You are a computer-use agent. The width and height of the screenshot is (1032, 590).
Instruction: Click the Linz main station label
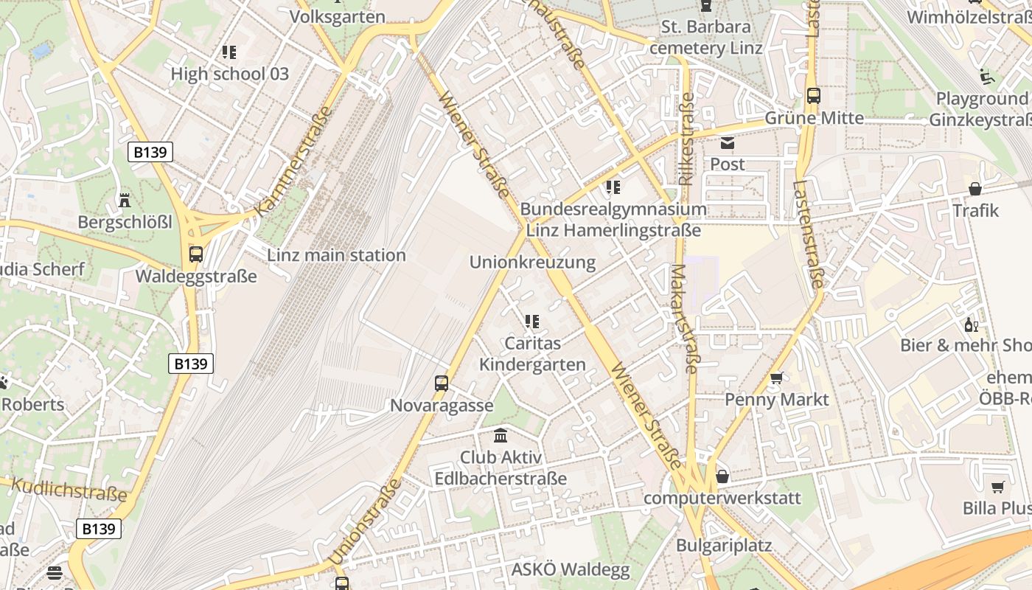(x=336, y=255)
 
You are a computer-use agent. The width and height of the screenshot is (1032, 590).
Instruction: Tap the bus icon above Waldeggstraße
(x=196, y=254)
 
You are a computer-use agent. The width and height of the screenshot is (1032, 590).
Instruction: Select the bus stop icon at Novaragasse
(x=442, y=383)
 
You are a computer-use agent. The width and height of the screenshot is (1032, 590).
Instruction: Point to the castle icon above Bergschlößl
(x=125, y=200)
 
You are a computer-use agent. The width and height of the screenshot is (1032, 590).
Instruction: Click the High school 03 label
(x=229, y=74)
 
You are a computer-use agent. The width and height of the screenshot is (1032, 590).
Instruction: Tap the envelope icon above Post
(x=728, y=143)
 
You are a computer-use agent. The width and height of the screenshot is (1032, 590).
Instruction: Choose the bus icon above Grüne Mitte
(x=814, y=96)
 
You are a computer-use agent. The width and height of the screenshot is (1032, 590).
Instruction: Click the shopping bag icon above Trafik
(x=975, y=189)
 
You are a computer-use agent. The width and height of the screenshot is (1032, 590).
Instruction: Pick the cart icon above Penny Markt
(x=776, y=378)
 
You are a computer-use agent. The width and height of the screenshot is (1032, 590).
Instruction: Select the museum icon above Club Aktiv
(x=501, y=435)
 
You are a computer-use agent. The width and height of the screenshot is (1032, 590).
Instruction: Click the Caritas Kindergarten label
(x=532, y=354)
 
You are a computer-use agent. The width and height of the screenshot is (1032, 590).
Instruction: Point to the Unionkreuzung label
(x=532, y=263)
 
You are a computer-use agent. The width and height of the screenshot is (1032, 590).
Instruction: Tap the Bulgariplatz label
(x=724, y=546)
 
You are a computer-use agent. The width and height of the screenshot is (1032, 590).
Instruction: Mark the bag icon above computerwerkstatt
(x=722, y=476)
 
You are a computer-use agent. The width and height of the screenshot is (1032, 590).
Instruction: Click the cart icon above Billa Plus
(x=998, y=487)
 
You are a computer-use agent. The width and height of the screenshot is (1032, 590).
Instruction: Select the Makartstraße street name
(x=684, y=319)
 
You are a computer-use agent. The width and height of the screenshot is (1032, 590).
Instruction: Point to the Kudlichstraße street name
(x=70, y=490)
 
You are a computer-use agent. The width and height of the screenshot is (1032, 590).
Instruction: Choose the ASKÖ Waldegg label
(x=571, y=569)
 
